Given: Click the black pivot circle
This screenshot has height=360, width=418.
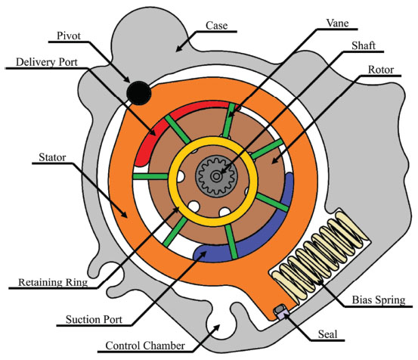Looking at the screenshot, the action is pyautogui.click(x=139, y=93).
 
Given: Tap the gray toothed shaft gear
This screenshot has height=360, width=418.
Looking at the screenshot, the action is pyautogui.click(x=216, y=176).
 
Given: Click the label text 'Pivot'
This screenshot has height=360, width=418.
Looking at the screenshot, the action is pyautogui.click(x=69, y=36).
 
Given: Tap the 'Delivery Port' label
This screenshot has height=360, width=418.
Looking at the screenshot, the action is pyautogui.click(x=47, y=62).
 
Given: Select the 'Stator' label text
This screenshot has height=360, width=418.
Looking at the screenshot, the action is pyautogui.click(x=52, y=157).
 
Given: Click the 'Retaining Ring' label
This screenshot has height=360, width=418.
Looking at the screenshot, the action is pyautogui.click(x=53, y=282).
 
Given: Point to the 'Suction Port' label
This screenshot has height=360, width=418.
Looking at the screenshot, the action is pyautogui.click(x=94, y=319).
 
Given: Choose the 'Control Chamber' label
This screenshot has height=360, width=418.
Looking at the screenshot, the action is pyautogui.click(x=145, y=346).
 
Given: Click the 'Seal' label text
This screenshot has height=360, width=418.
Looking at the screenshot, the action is pyautogui.click(x=327, y=334).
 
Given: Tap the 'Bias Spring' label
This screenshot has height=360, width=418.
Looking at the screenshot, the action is pyautogui.click(x=379, y=300).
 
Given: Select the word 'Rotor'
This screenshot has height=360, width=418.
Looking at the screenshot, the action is pyautogui.click(x=381, y=70).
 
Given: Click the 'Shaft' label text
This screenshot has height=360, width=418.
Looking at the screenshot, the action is pyautogui.click(x=364, y=45).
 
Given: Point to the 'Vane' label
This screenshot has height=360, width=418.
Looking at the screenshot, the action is pyautogui.click(x=337, y=23).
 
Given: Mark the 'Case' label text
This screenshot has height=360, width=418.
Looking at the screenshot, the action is pyautogui.click(x=217, y=26).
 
